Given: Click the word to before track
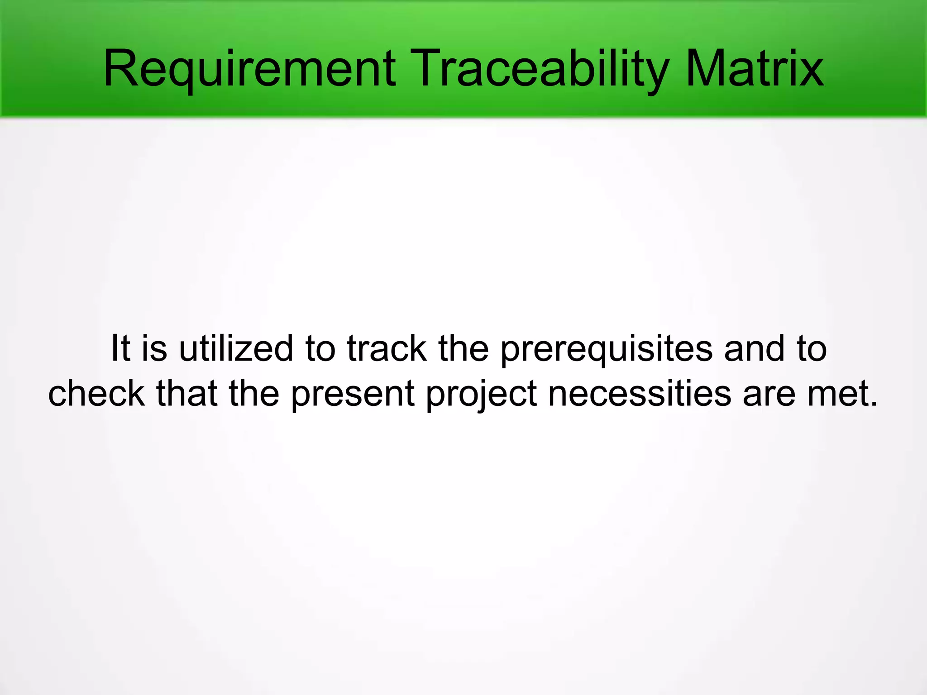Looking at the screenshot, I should click(320, 349).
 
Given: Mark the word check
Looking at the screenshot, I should click(96, 393).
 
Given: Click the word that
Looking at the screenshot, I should click(187, 393).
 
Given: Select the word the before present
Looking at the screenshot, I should click(254, 393).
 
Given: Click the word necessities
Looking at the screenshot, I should click(639, 393).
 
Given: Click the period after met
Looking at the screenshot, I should click(873, 404).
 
